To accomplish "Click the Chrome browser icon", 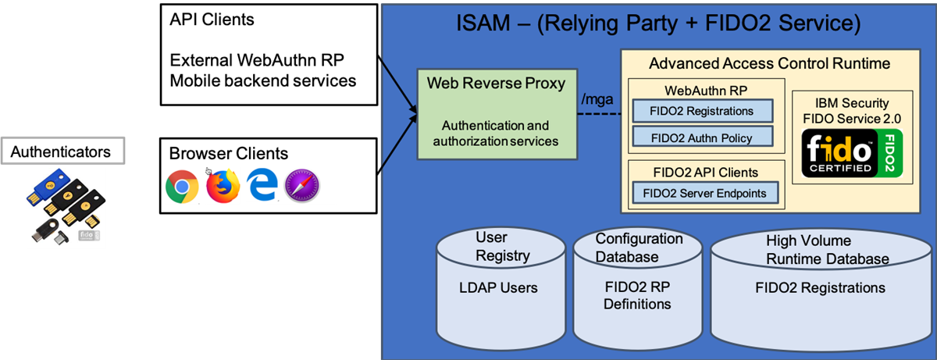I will pos(181,187).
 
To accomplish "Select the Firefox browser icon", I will pos(223,187).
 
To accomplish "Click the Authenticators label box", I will pos(61,151).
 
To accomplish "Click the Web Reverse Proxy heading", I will pos(496,84).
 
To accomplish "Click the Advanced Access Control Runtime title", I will pos(769,63).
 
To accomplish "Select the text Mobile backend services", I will pos(262,80).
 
